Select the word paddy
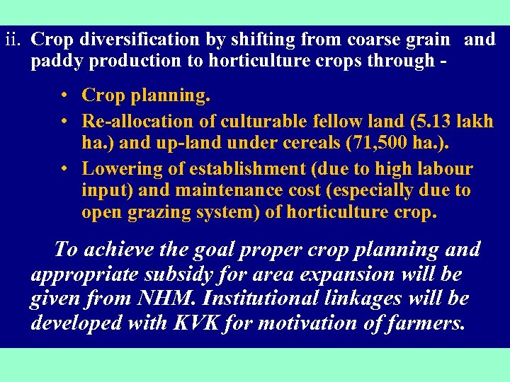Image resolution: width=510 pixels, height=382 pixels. pyautogui.click(x=54, y=60)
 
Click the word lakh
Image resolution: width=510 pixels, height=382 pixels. pyautogui.click(x=474, y=121)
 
